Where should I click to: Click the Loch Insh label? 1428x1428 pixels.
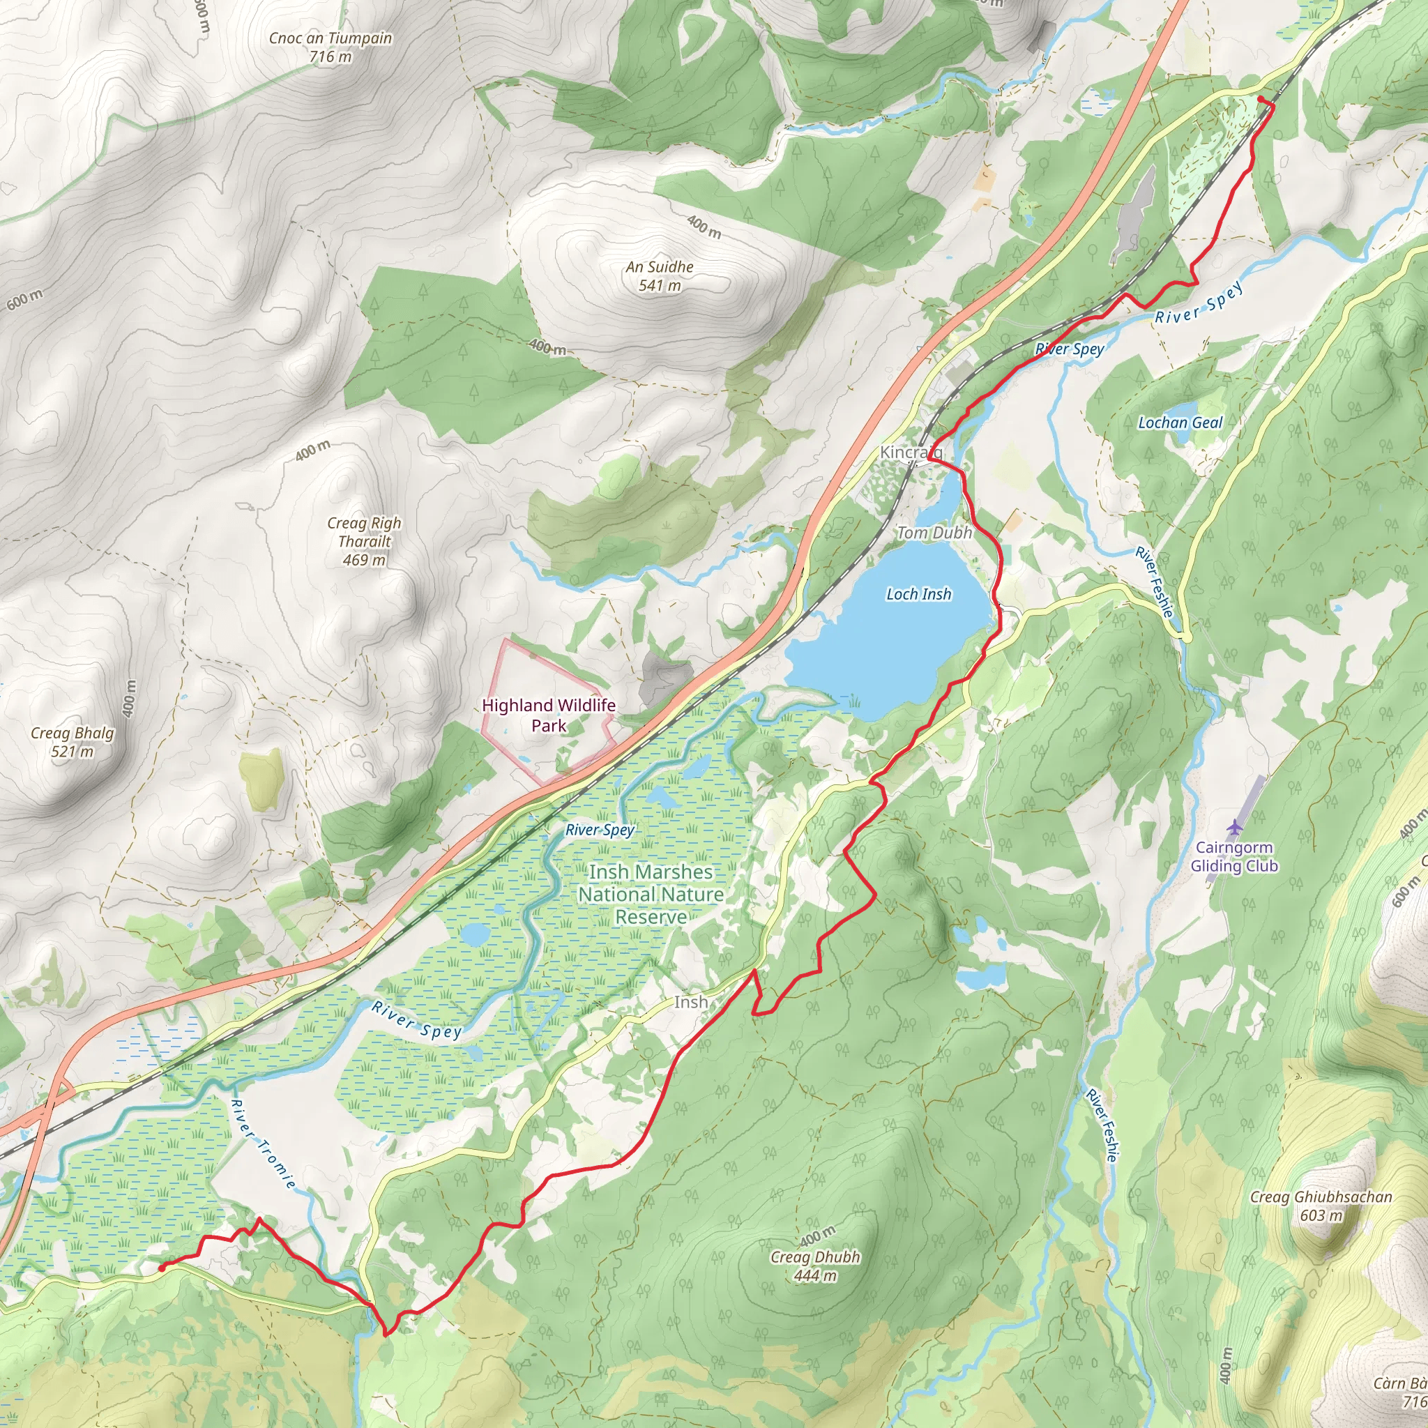(919, 594)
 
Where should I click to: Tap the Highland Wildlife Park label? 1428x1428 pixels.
(549, 715)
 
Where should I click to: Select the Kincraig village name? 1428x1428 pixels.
(910, 452)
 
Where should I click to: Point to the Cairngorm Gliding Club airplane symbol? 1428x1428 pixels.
(1233, 826)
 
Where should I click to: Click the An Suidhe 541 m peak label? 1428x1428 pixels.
(660, 275)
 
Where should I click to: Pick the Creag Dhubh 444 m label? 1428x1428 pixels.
(815, 1266)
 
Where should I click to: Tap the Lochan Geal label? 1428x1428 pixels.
(1180, 423)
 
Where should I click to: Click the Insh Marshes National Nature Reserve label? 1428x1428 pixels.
(651, 895)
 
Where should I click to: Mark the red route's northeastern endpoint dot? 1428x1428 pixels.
(1260, 98)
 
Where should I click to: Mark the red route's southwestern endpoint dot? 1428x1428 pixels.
(161, 1268)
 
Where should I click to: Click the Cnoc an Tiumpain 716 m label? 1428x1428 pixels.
(331, 47)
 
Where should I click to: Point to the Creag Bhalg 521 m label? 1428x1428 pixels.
(73, 742)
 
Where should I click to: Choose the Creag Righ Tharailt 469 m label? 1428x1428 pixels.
(365, 541)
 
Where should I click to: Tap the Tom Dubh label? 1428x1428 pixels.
(934, 533)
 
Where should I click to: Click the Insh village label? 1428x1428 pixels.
(690, 1002)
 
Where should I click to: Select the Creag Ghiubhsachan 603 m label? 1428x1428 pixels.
(1321, 1206)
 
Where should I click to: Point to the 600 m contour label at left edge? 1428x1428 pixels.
(25, 299)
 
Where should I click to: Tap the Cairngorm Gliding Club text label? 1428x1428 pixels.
(1233, 857)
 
